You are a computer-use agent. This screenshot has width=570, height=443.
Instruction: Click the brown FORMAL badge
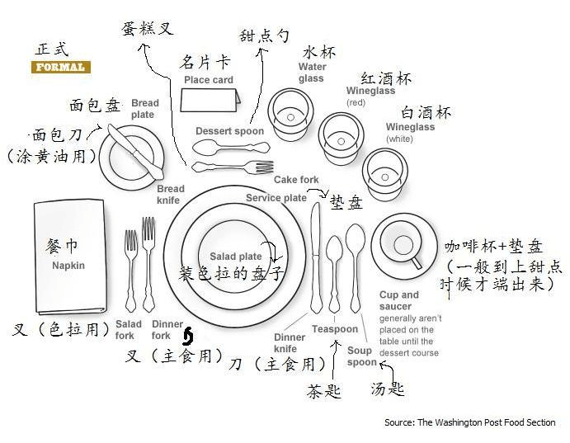(60, 67)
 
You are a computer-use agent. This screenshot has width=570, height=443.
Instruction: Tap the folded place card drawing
(211, 103)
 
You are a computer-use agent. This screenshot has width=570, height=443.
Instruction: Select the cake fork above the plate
(232, 167)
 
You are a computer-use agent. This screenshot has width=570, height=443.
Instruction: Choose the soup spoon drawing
(356, 264)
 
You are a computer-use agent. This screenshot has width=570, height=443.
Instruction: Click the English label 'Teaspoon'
(335, 329)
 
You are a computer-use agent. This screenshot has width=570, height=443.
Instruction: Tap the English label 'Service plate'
(276, 198)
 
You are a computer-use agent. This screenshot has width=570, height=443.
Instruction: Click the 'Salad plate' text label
(235, 257)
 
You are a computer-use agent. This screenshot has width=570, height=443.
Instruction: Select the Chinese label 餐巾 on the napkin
(62, 247)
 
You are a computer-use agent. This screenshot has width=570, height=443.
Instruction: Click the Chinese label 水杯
(319, 52)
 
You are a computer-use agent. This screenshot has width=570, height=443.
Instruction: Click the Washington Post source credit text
(470, 423)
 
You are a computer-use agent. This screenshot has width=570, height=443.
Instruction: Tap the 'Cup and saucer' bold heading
(399, 300)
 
